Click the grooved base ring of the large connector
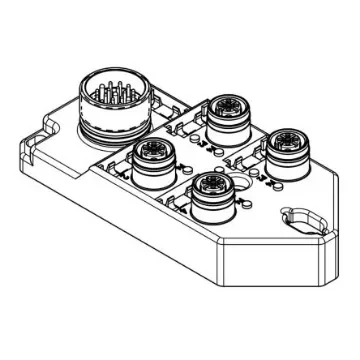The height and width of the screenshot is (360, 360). (112, 127)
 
